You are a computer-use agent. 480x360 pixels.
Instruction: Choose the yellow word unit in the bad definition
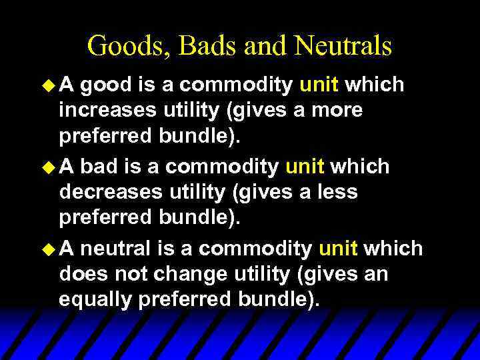click(x=304, y=167)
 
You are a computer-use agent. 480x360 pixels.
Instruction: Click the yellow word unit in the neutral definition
click(x=338, y=249)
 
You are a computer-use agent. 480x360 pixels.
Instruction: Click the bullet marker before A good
click(x=49, y=85)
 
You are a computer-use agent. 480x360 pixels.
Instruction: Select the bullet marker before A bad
click(x=49, y=167)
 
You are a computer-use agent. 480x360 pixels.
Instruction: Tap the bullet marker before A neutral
click(x=49, y=249)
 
